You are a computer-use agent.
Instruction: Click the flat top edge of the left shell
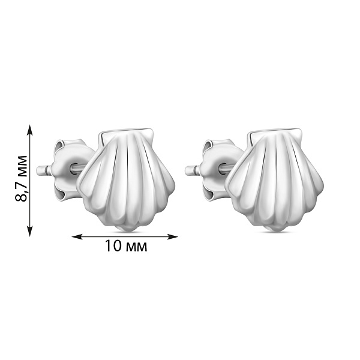[x=125, y=130]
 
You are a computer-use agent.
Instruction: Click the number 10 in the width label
[x=113, y=247]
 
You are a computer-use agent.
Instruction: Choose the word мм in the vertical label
[x=23, y=164]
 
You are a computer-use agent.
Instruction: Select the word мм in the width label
[x=136, y=247]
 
